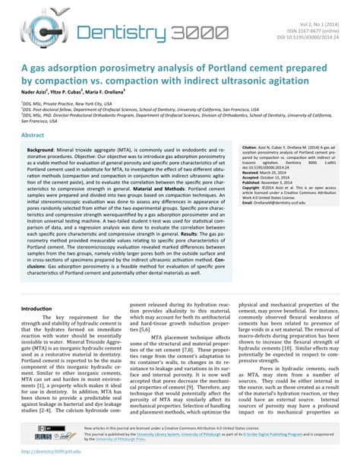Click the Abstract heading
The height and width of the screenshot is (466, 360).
[33, 134]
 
